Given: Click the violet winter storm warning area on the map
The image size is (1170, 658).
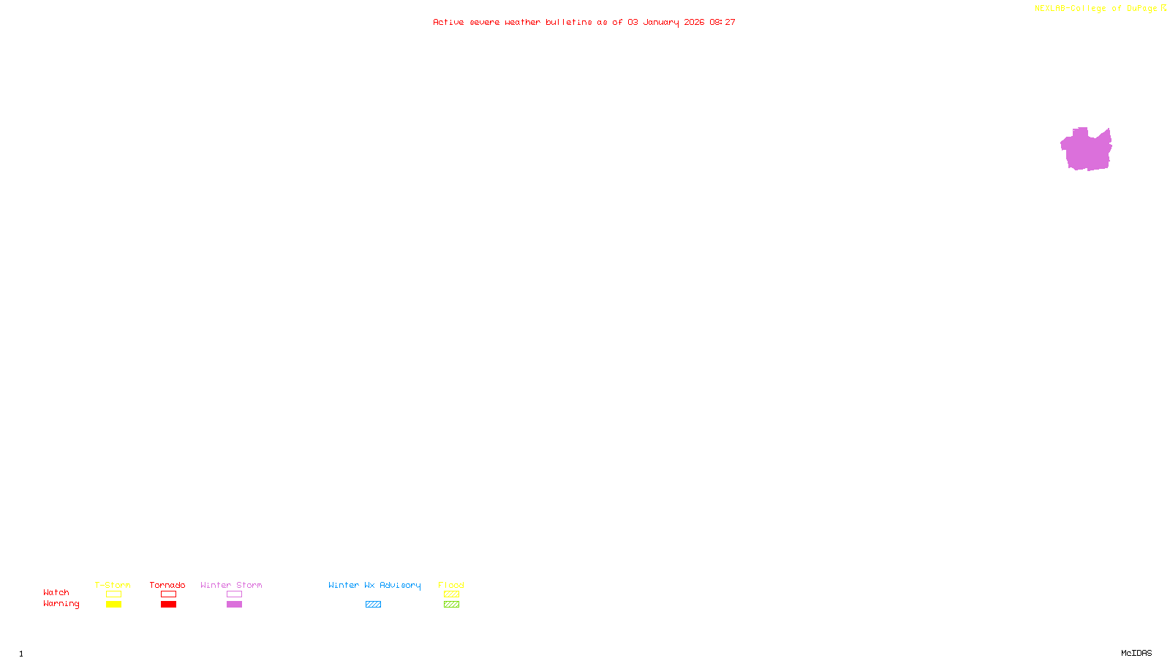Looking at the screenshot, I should (x=1087, y=150).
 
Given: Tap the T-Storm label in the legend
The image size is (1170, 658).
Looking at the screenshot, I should (x=113, y=585).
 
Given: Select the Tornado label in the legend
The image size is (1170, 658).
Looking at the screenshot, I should (x=167, y=585).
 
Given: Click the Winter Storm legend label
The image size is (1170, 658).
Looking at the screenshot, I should (x=231, y=585).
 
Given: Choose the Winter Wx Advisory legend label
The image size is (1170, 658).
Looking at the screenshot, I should (x=374, y=585).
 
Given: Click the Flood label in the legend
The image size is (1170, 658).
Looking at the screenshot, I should (x=451, y=585).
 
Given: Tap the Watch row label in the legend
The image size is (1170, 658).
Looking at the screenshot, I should (x=56, y=592).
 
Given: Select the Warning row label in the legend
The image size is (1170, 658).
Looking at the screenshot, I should (x=61, y=604).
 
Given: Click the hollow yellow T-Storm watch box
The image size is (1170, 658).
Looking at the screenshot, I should (x=113, y=594).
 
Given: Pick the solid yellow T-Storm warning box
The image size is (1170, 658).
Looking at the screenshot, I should (x=113, y=605).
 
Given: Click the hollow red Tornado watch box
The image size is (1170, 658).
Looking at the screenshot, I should (x=168, y=594).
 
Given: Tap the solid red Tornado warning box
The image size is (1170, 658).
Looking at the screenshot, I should (x=168, y=605).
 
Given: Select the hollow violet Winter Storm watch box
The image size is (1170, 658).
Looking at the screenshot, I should (x=234, y=594).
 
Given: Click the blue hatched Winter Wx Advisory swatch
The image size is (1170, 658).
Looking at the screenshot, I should (x=373, y=605).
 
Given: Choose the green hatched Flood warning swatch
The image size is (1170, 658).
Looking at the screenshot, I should (x=451, y=605).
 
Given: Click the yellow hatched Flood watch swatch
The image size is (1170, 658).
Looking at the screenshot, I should (x=451, y=594).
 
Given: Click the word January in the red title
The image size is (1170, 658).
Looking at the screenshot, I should (x=661, y=22).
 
